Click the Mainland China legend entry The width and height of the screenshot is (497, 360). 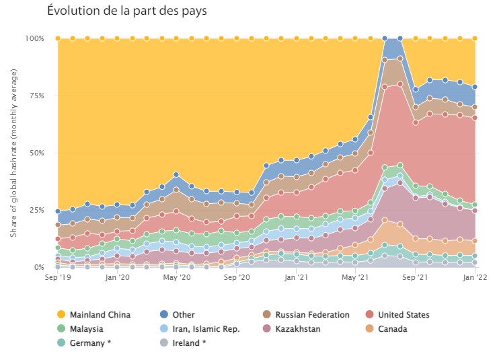94,314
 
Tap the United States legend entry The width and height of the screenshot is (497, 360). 399,314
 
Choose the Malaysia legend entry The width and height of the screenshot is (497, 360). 83,329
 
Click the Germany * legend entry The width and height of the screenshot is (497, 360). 86,343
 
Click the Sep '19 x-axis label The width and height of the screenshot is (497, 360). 57,277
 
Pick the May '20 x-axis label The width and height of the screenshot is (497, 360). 176,277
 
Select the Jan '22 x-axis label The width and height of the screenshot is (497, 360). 475,277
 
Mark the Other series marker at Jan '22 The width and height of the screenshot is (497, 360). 475,87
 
